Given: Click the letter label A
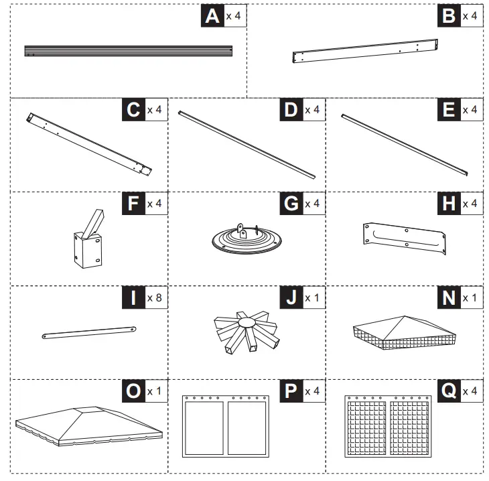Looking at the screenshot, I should pos(212,16).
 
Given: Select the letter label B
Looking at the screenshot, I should pos(449,16).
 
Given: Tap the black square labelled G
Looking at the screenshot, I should pos(291,204).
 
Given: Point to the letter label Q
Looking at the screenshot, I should pos(449,391).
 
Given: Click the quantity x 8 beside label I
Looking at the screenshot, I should pos(155,297).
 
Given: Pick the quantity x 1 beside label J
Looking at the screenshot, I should pos(313,297).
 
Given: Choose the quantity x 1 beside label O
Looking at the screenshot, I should pos(155,391).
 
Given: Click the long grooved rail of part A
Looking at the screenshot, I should pos(128,51).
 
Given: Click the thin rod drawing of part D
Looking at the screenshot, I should pos(247,145).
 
